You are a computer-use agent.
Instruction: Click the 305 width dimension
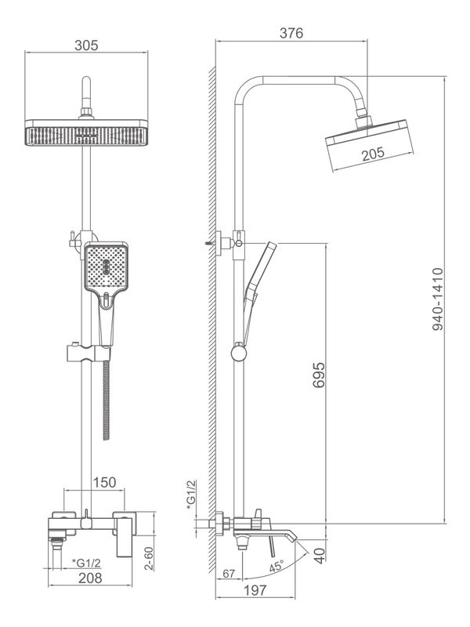pos(86,45)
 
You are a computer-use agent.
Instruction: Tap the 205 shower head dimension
pos(373,154)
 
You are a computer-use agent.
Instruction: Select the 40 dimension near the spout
pos(319,555)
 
